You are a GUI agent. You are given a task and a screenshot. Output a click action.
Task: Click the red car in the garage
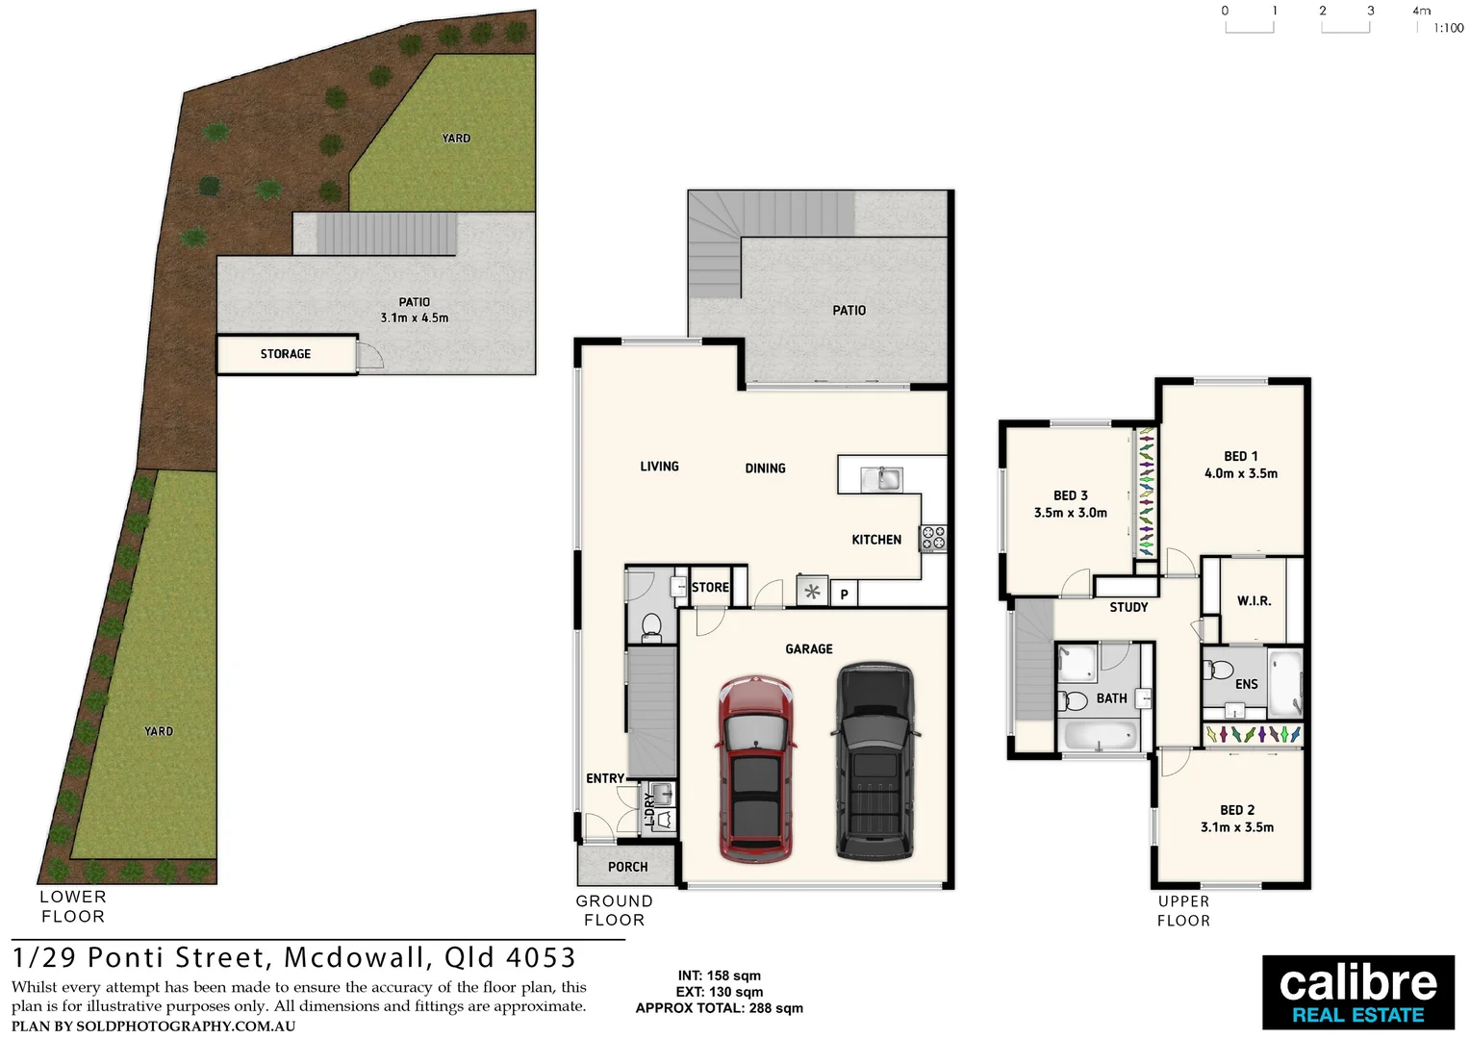[756, 768]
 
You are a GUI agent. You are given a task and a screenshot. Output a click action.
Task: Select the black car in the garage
[874, 760]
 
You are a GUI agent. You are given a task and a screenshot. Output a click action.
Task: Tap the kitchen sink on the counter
[880, 478]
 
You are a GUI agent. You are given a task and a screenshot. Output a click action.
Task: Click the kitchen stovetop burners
[933, 538]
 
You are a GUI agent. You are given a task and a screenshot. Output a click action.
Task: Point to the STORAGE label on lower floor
[286, 354]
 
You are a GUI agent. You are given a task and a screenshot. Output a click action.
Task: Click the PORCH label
[627, 867]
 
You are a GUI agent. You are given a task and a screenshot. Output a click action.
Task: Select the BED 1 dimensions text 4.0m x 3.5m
[1241, 473]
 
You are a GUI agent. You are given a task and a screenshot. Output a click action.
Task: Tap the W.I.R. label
[1254, 600]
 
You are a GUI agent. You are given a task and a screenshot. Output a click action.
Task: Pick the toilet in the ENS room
[1221, 670]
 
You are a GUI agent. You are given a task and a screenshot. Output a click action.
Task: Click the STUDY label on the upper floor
[1128, 607]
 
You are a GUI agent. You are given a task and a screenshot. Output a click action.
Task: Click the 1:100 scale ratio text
[1448, 28]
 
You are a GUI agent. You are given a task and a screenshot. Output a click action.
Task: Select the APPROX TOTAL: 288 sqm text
[719, 1008]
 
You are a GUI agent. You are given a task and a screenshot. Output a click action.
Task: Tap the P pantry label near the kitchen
[844, 595]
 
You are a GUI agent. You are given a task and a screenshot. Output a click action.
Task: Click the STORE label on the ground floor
[710, 587]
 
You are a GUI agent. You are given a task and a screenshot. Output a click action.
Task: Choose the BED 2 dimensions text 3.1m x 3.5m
[1237, 827]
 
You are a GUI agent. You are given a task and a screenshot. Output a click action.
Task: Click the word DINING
[765, 469]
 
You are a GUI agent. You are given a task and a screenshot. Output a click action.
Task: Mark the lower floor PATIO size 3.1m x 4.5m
[414, 317]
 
